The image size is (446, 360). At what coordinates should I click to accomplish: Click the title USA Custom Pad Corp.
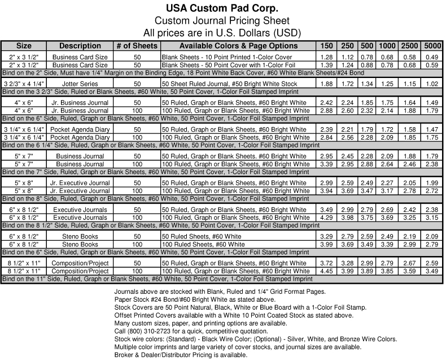[x=223, y=9]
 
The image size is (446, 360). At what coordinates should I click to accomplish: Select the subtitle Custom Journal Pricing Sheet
[x=223, y=20]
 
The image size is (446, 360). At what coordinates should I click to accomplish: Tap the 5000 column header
[x=432, y=46]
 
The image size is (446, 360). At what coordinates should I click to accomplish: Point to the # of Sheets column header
[x=137, y=46]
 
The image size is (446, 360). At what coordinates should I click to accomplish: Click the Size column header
[x=24, y=46]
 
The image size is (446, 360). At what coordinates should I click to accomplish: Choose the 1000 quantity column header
[x=387, y=46]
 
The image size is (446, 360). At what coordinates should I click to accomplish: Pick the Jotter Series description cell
[x=80, y=84]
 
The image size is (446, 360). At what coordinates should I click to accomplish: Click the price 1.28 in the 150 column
[x=326, y=58]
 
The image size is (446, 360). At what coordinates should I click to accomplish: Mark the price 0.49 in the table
[x=432, y=58]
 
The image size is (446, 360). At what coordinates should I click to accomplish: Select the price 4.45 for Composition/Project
[x=326, y=271]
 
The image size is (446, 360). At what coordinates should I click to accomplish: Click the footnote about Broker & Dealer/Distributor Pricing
[x=180, y=355]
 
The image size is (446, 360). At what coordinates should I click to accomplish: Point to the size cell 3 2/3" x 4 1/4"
[x=24, y=84]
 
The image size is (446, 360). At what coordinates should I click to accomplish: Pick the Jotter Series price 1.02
[x=432, y=84]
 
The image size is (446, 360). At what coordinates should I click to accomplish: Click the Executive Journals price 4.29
[x=326, y=218]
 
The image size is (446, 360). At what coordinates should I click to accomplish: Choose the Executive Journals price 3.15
[x=432, y=218]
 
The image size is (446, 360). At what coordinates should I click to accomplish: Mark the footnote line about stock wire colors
[x=255, y=339]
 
